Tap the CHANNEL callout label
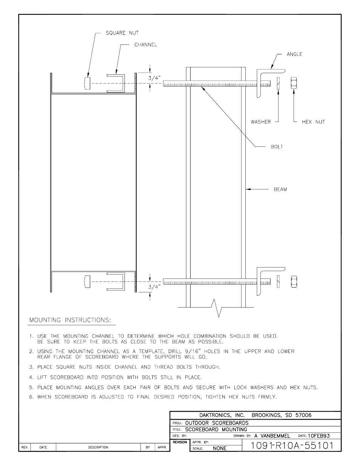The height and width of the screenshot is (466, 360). click(x=146, y=45)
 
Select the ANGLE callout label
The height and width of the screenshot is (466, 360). click(x=294, y=54)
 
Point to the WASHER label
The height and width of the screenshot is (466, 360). click(x=261, y=122)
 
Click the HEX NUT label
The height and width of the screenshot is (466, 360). click(x=313, y=122)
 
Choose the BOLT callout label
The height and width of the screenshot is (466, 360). click(x=277, y=146)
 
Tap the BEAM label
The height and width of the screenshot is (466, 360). click(x=280, y=189)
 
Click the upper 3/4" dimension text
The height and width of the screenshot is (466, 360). click(x=154, y=78)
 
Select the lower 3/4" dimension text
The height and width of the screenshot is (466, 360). click(x=154, y=287)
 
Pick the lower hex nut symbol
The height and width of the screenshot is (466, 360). click(x=294, y=281)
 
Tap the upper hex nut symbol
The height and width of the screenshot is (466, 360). click(x=294, y=83)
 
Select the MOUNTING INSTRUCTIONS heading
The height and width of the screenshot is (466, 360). click(x=70, y=320)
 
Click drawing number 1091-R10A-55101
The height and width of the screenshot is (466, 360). click(x=292, y=445)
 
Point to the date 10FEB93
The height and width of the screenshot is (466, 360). click(x=318, y=435)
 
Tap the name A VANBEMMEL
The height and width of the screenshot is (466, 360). click(x=272, y=435)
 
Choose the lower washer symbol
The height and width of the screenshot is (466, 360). click(x=278, y=281)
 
